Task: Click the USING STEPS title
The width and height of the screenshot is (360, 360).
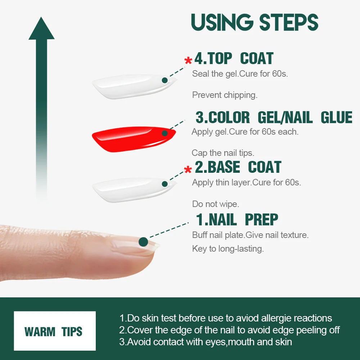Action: tap(255, 22)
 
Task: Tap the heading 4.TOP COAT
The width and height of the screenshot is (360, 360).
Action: tap(234, 59)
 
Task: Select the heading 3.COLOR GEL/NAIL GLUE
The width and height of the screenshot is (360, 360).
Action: tap(274, 118)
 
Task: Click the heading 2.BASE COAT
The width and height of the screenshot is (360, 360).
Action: tap(238, 167)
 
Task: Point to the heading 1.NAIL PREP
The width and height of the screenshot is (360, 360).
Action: tap(237, 220)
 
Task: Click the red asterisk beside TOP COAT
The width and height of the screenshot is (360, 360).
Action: tap(188, 61)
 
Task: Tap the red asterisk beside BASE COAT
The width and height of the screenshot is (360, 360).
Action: tap(188, 170)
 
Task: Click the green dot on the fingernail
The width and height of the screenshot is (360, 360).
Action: tap(143, 242)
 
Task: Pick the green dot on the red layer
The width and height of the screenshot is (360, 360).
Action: tap(165, 133)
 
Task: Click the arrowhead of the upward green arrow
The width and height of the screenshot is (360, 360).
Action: tap(41, 29)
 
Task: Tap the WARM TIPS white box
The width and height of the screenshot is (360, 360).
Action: tap(55, 331)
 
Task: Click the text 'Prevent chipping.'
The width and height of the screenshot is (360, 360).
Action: tap(225, 95)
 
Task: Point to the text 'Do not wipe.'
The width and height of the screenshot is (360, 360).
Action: tap(215, 204)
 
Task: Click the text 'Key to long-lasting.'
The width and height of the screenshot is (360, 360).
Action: tap(228, 249)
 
